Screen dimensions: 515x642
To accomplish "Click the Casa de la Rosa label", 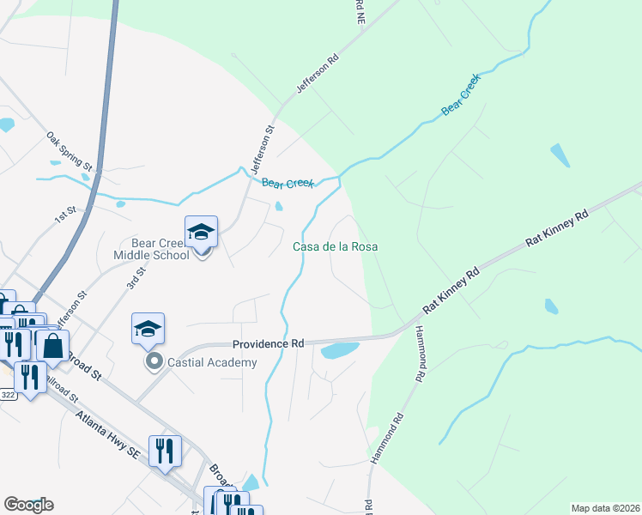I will [x=336, y=246].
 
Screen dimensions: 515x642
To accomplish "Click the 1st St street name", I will [x=65, y=215].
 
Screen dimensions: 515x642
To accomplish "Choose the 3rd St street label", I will [x=136, y=279].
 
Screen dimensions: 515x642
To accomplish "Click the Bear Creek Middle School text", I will [x=151, y=249].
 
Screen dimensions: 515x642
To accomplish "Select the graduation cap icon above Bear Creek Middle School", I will [x=201, y=232].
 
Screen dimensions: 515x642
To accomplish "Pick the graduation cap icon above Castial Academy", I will [x=147, y=329].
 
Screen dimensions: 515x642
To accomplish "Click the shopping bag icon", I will [x=52, y=347].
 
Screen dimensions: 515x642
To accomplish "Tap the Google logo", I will [x=28, y=505].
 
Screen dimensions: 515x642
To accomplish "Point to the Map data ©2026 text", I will [x=605, y=508].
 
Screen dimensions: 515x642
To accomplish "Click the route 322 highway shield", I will [x=8, y=395].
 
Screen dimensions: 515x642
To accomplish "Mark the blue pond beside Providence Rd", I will [x=339, y=351].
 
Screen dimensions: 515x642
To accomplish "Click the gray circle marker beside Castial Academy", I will [x=154, y=361].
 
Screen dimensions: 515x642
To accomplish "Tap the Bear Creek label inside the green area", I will [x=461, y=96].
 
